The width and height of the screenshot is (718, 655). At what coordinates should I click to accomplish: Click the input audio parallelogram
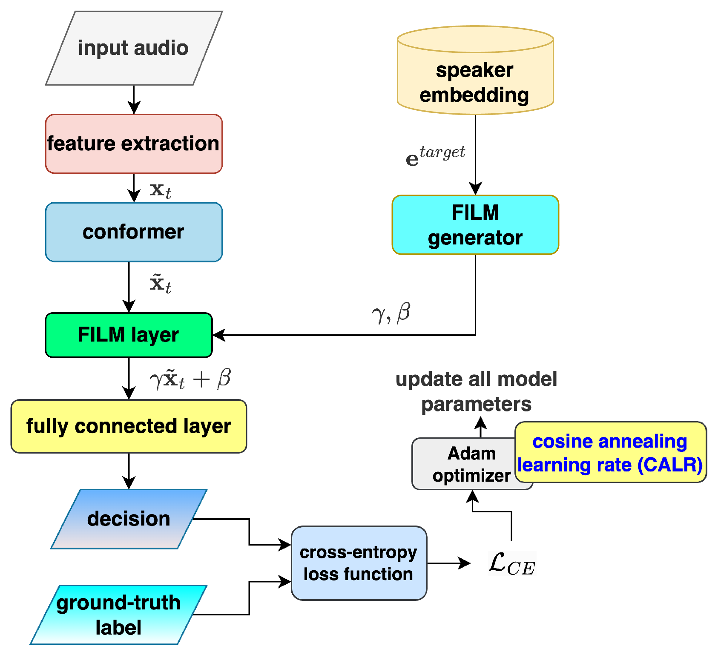(134, 48)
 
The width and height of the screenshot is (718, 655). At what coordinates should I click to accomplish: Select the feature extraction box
(134, 144)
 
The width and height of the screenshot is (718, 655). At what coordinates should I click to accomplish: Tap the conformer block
(134, 232)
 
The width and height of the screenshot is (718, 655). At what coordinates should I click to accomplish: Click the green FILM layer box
(129, 335)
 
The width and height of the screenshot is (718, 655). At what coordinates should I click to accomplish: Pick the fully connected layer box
(129, 426)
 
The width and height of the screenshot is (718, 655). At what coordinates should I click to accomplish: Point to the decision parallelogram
(129, 519)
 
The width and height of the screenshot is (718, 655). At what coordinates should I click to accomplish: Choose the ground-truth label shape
(118, 615)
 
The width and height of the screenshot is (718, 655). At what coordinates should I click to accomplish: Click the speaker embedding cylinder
(475, 77)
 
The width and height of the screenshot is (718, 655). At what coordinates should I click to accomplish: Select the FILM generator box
(475, 225)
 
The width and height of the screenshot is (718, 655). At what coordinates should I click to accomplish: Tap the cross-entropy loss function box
(359, 563)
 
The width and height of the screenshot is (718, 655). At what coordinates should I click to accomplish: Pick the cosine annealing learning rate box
(610, 453)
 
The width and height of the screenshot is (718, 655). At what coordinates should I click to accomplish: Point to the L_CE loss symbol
(511, 563)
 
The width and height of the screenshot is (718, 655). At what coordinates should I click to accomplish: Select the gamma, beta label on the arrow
(391, 313)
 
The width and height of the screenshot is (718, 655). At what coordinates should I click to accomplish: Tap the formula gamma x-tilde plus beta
(190, 379)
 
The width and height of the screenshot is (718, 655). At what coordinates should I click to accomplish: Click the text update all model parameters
(476, 391)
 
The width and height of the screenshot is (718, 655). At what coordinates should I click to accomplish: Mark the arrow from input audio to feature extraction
(134, 99)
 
